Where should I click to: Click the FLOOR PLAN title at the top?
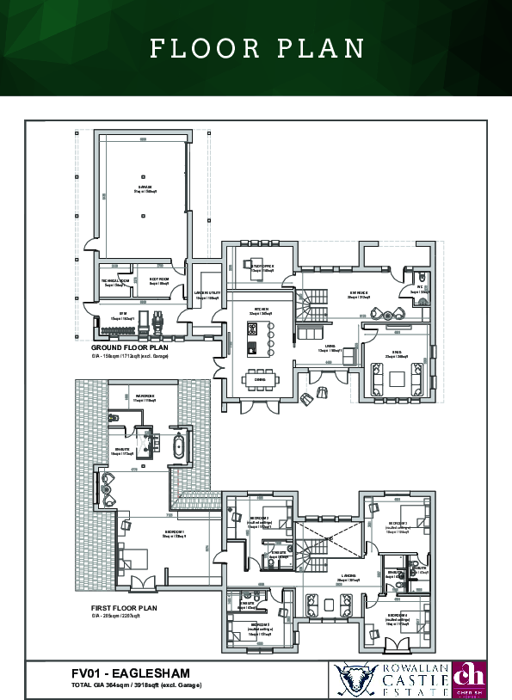click(x=256, y=48)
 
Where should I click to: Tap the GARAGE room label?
click(x=145, y=189)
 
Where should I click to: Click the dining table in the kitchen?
click(x=259, y=378)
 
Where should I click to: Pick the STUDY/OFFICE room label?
click(x=262, y=268)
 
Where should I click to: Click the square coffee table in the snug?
click(x=396, y=378)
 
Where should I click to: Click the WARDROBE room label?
click(x=145, y=399)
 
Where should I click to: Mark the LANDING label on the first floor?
click(x=349, y=578)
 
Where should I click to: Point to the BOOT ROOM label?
click(x=158, y=280)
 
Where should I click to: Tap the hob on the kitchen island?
click(x=253, y=347)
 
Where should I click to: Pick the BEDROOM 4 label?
click(x=398, y=617)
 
